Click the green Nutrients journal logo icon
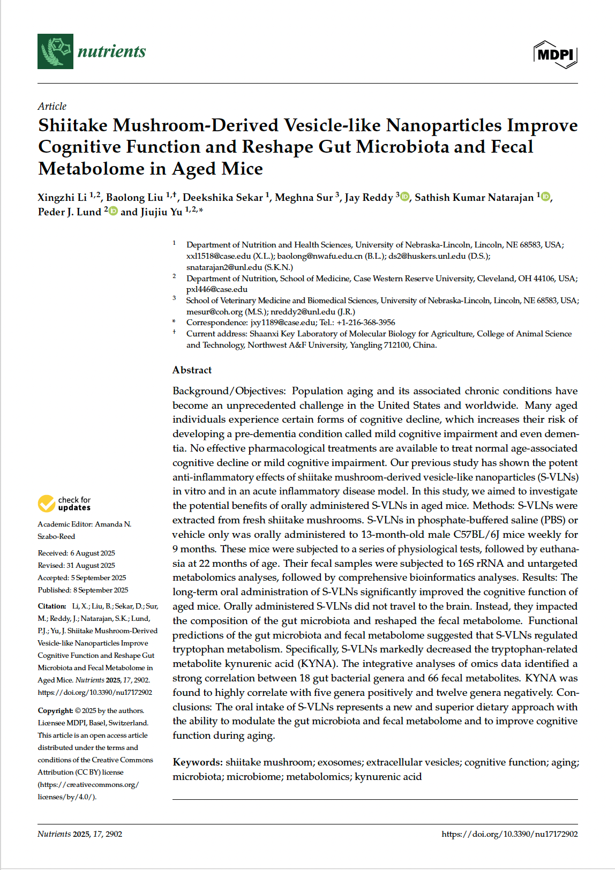[x=55, y=51]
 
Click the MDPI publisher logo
[x=556, y=55]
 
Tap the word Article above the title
[x=52, y=106]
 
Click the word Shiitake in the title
[x=73, y=125]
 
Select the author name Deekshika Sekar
[x=223, y=197]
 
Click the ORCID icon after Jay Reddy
[x=405, y=197]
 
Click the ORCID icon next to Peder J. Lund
[x=113, y=211]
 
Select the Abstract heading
[x=192, y=370]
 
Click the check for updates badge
[x=64, y=504]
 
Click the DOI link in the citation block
[x=95, y=692]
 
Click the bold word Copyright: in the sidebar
[x=55, y=710]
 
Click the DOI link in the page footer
[x=509, y=834]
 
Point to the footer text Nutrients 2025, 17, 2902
[x=80, y=834]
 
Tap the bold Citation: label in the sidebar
[x=52, y=606]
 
